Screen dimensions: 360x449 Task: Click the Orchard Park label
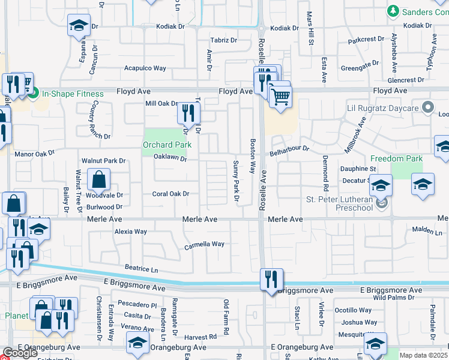coord(166,145)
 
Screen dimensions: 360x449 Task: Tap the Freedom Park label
coord(396,159)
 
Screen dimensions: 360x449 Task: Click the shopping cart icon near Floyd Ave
coord(281,97)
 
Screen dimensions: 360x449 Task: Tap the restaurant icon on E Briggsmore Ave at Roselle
coord(271,280)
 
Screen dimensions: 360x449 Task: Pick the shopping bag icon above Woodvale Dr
coord(98,179)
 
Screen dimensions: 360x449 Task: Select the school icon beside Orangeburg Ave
coord(137,344)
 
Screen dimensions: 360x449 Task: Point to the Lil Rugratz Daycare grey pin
coord(427,107)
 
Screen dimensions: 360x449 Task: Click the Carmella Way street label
coord(204,245)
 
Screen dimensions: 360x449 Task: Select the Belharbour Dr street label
coord(289,148)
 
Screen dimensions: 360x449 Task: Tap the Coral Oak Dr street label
coord(170,194)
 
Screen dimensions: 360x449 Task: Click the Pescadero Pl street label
coord(137,305)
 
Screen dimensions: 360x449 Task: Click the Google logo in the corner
coord(20,353)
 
